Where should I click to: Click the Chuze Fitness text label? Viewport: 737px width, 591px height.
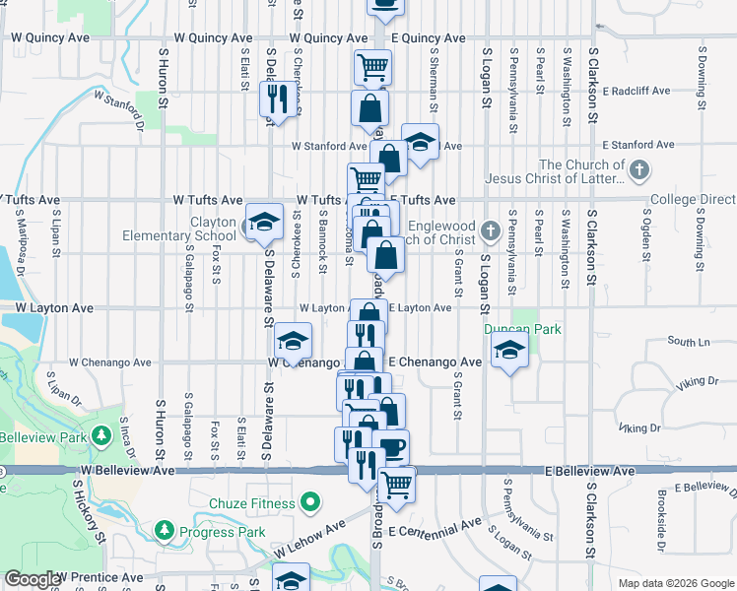(x=251, y=504)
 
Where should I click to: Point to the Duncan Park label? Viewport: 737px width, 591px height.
(x=521, y=329)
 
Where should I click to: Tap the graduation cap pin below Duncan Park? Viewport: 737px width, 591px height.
(x=509, y=351)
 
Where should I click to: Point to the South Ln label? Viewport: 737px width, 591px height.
(x=688, y=342)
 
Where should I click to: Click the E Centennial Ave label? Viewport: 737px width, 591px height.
(x=435, y=530)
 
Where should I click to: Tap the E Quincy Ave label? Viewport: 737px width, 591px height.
(x=428, y=38)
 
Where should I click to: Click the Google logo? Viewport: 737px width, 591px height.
(x=33, y=580)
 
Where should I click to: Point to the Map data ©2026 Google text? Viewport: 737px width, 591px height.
(x=675, y=583)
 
